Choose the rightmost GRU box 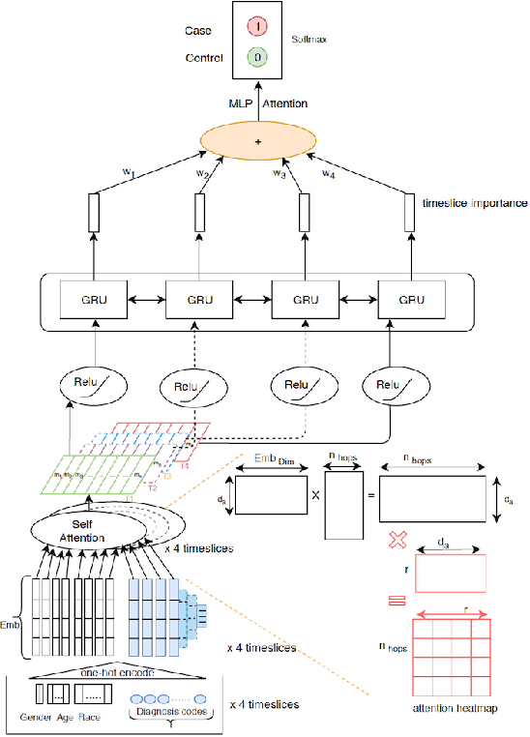point(412,300)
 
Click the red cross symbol point(396,537)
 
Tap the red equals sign point(396,601)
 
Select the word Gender point(39,718)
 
